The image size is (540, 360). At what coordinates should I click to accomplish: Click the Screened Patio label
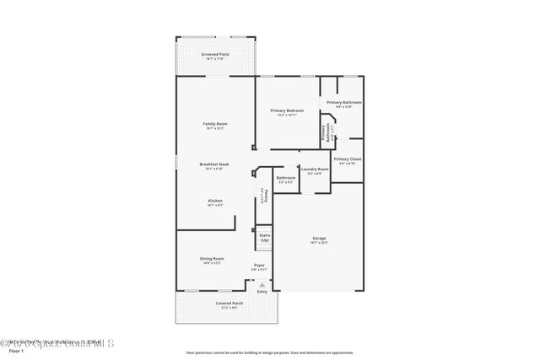click(214, 55)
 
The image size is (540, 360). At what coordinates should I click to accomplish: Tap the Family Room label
click(214, 124)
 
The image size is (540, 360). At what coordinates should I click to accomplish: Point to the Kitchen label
click(214, 201)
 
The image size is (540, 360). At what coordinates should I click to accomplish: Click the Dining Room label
click(212, 259)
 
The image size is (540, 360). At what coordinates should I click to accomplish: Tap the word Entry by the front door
click(262, 292)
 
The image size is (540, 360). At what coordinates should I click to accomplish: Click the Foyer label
click(259, 266)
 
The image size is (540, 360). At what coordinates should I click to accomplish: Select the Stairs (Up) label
click(264, 238)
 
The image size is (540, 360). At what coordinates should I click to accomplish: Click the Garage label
click(319, 239)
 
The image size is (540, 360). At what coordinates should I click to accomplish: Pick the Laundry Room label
click(315, 169)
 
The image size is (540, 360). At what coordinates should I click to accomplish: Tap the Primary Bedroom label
click(287, 111)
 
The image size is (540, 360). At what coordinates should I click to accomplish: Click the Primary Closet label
click(347, 159)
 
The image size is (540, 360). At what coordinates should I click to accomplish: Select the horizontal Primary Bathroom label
click(344, 102)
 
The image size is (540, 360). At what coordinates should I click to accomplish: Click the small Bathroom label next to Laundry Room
click(286, 178)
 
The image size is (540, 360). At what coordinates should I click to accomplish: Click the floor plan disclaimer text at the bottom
click(269, 352)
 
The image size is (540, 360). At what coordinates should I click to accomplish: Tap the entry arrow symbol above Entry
click(262, 284)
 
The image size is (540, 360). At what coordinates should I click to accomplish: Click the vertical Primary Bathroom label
click(324, 134)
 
